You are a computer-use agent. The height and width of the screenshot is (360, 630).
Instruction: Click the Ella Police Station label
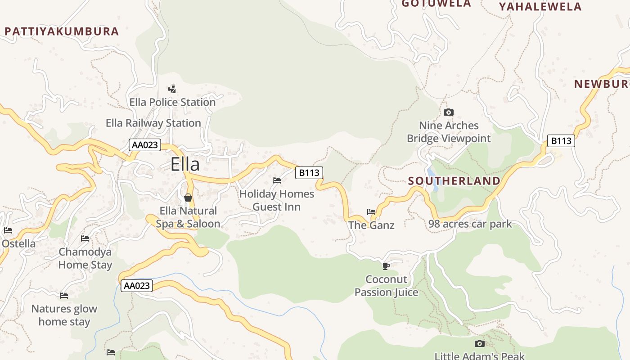(172, 103)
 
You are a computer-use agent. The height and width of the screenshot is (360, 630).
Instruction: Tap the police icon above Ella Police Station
(172, 89)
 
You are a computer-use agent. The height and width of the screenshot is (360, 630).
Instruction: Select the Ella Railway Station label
(153, 123)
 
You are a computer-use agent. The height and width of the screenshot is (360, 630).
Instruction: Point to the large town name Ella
(185, 164)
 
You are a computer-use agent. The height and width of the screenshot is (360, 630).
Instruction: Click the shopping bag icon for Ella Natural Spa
(188, 198)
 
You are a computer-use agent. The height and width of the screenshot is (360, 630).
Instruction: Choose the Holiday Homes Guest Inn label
(277, 200)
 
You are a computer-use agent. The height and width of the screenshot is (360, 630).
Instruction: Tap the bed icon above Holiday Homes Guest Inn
(277, 180)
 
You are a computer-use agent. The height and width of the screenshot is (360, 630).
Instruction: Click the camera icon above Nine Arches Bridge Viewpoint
(448, 112)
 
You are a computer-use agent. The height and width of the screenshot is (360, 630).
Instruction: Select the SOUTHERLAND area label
(454, 181)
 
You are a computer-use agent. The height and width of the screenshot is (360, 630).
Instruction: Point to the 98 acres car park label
(470, 224)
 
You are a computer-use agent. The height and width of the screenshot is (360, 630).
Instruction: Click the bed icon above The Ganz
(371, 211)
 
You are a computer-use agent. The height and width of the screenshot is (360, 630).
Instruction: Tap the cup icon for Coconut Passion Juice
(386, 265)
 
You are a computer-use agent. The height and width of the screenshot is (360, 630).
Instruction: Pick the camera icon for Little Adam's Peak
(480, 344)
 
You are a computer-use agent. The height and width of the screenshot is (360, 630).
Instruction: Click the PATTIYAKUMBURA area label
(62, 31)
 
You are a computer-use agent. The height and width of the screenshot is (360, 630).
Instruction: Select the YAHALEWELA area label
(540, 7)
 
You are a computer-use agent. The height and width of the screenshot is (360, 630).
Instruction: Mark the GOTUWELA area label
(436, 4)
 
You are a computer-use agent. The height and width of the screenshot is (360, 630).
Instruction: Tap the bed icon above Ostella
(8, 231)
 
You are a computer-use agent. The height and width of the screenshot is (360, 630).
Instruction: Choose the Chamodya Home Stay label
(85, 258)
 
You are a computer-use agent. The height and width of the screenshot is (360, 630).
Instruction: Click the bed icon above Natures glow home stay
(64, 296)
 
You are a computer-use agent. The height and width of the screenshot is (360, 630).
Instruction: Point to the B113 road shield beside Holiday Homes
(309, 173)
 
